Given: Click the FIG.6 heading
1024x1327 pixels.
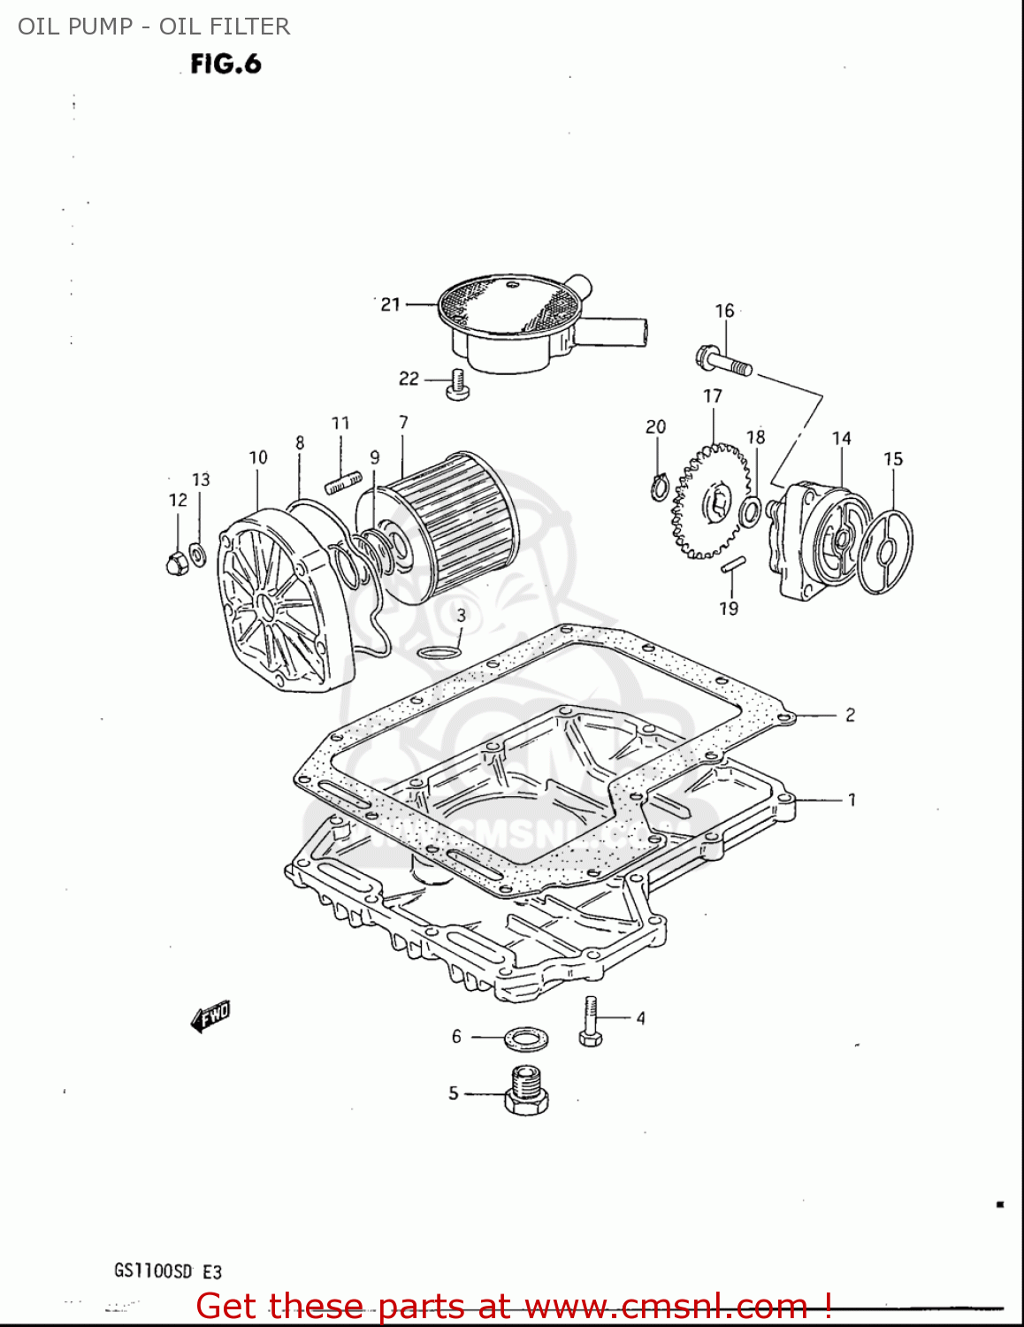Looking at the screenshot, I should click(225, 65).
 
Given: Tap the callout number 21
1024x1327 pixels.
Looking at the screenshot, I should click(390, 304).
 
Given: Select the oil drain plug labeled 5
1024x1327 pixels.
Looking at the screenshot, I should click(526, 1093).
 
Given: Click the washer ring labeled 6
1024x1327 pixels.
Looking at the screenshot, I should click(525, 1037).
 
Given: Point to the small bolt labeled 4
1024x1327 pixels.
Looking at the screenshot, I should click(591, 1023).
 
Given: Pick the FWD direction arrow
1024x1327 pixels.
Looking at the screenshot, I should click(210, 1016).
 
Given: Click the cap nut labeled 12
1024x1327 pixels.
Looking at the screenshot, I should click(176, 562).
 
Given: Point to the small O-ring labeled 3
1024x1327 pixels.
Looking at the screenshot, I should click(438, 653).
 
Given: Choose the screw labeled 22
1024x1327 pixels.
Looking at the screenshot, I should click(457, 385).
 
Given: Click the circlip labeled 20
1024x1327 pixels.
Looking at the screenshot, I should click(659, 487).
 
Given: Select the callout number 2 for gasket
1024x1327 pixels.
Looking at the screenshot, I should click(850, 715).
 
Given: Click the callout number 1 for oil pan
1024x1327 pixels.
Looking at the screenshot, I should click(852, 800).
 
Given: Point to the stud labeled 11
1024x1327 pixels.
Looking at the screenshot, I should click(344, 483).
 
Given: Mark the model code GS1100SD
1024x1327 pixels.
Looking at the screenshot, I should click(153, 1271).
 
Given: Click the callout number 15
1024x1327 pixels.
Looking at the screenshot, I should click(893, 459).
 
